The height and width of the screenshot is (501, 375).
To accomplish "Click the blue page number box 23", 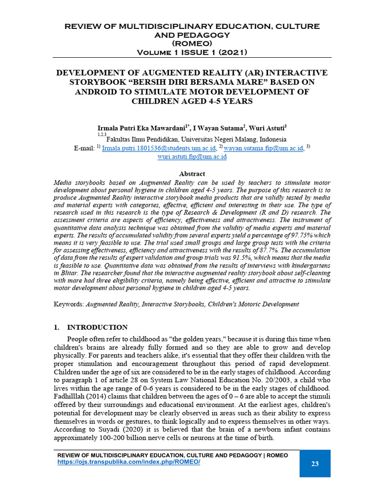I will [x=314, y=463].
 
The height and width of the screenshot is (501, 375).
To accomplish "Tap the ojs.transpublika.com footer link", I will [x=129, y=462].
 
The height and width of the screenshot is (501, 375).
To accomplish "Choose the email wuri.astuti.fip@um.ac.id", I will [x=192, y=157].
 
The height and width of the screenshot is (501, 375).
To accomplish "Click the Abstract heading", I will [x=192, y=174].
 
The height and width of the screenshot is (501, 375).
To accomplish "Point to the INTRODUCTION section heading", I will [x=97, y=327].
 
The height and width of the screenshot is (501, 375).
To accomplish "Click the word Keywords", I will [x=68, y=304].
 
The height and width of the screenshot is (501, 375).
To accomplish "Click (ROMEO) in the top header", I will [x=192, y=44].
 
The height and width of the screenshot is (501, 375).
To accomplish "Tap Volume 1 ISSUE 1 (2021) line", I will [x=192, y=52].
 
